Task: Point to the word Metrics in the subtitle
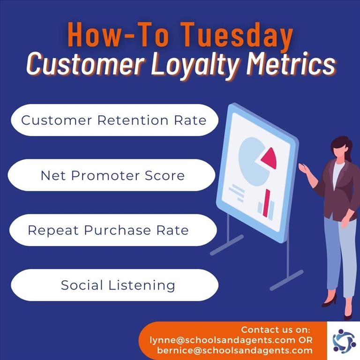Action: [x=291, y=63]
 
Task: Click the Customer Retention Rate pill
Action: [x=114, y=120]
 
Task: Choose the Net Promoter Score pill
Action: [x=112, y=175]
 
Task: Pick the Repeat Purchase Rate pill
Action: [x=113, y=230]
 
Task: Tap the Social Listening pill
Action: [x=114, y=285]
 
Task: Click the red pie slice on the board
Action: [x=270, y=158]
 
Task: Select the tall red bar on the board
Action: [x=267, y=202]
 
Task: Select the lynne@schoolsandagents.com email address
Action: [x=223, y=340]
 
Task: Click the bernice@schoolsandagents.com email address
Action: [x=235, y=350]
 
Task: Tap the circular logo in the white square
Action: [x=344, y=341]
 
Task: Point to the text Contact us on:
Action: [x=276, y=330]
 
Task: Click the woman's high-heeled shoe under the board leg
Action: [x=330, y=300]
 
